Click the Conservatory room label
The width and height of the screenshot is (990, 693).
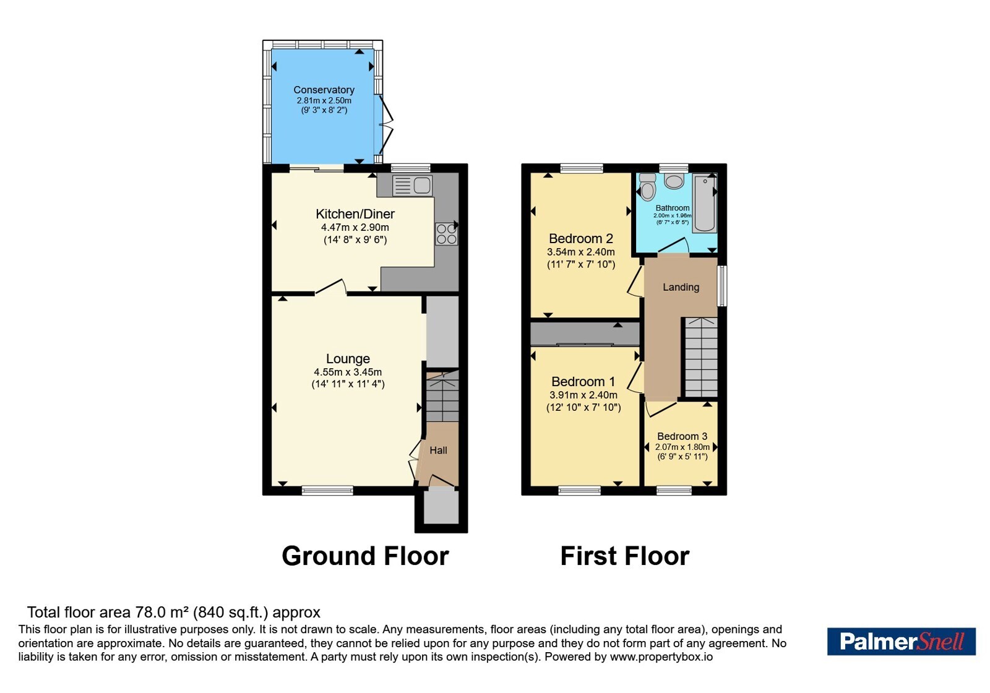(x=324, y=90)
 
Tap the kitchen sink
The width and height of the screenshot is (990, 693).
(x=412, y=186)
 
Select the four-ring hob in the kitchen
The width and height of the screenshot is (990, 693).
(x=446, y=234)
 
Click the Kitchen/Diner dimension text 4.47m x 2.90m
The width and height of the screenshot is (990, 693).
(x=355, y=228)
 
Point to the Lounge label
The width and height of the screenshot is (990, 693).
(x=348, y=358)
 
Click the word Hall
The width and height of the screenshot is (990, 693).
(x=439, y=450)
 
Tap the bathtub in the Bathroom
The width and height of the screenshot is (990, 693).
(x=705, y=203)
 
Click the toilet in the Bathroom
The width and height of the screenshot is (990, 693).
(x=648, y=187)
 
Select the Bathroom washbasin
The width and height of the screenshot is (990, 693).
(x=674, y=181)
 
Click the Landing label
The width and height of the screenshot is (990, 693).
(x=681, y=287)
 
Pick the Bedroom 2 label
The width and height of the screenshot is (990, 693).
(x=581, y=239)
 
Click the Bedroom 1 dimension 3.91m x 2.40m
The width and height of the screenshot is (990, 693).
(x=583, y=395)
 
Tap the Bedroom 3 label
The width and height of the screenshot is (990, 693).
(x=682, y=436)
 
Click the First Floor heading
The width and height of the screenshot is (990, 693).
(x=625, y=556)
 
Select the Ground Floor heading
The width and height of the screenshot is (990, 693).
(x=366, y=556)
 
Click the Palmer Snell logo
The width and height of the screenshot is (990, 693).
(x=901, y=641)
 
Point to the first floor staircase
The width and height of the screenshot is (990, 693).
(x=701, y=357)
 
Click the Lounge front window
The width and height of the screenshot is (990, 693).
(x=327, y=490)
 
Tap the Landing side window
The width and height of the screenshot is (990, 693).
(x=721, y=285)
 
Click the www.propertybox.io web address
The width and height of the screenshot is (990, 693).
(x=661, y=656)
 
